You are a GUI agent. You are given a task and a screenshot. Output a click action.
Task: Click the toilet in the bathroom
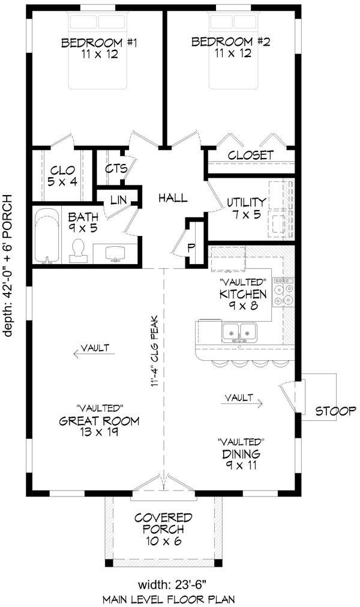coord(77,250)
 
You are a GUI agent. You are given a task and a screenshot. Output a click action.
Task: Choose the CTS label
coord(116,169)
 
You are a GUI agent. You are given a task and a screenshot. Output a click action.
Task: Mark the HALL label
coord(173,198)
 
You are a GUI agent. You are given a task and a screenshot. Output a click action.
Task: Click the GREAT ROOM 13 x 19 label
coord(99,426)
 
